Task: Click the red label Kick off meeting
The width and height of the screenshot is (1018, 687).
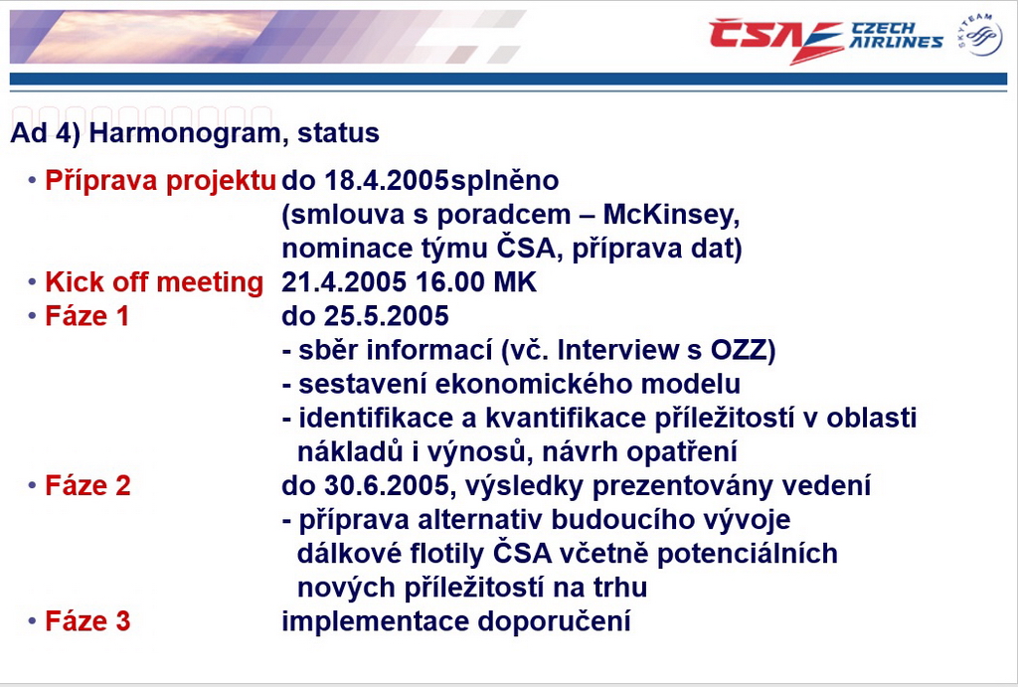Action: (x=154, y=282)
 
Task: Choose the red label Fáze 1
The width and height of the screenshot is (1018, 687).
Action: (x=87, y=316)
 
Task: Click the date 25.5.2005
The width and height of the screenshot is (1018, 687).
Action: (x=387, y=316)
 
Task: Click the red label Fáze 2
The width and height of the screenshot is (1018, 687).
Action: (x=87, y=486)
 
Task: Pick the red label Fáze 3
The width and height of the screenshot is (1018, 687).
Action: (x=87, y=621)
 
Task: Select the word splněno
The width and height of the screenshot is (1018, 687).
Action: (x=504, y=181)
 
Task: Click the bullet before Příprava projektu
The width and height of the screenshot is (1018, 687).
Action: (x=32, y=180)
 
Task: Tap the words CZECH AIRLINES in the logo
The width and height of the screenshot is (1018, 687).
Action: (x=896, y=36)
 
